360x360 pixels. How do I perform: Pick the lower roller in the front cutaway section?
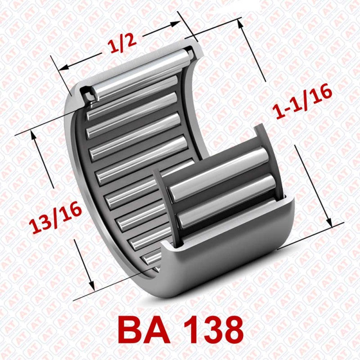225,198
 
